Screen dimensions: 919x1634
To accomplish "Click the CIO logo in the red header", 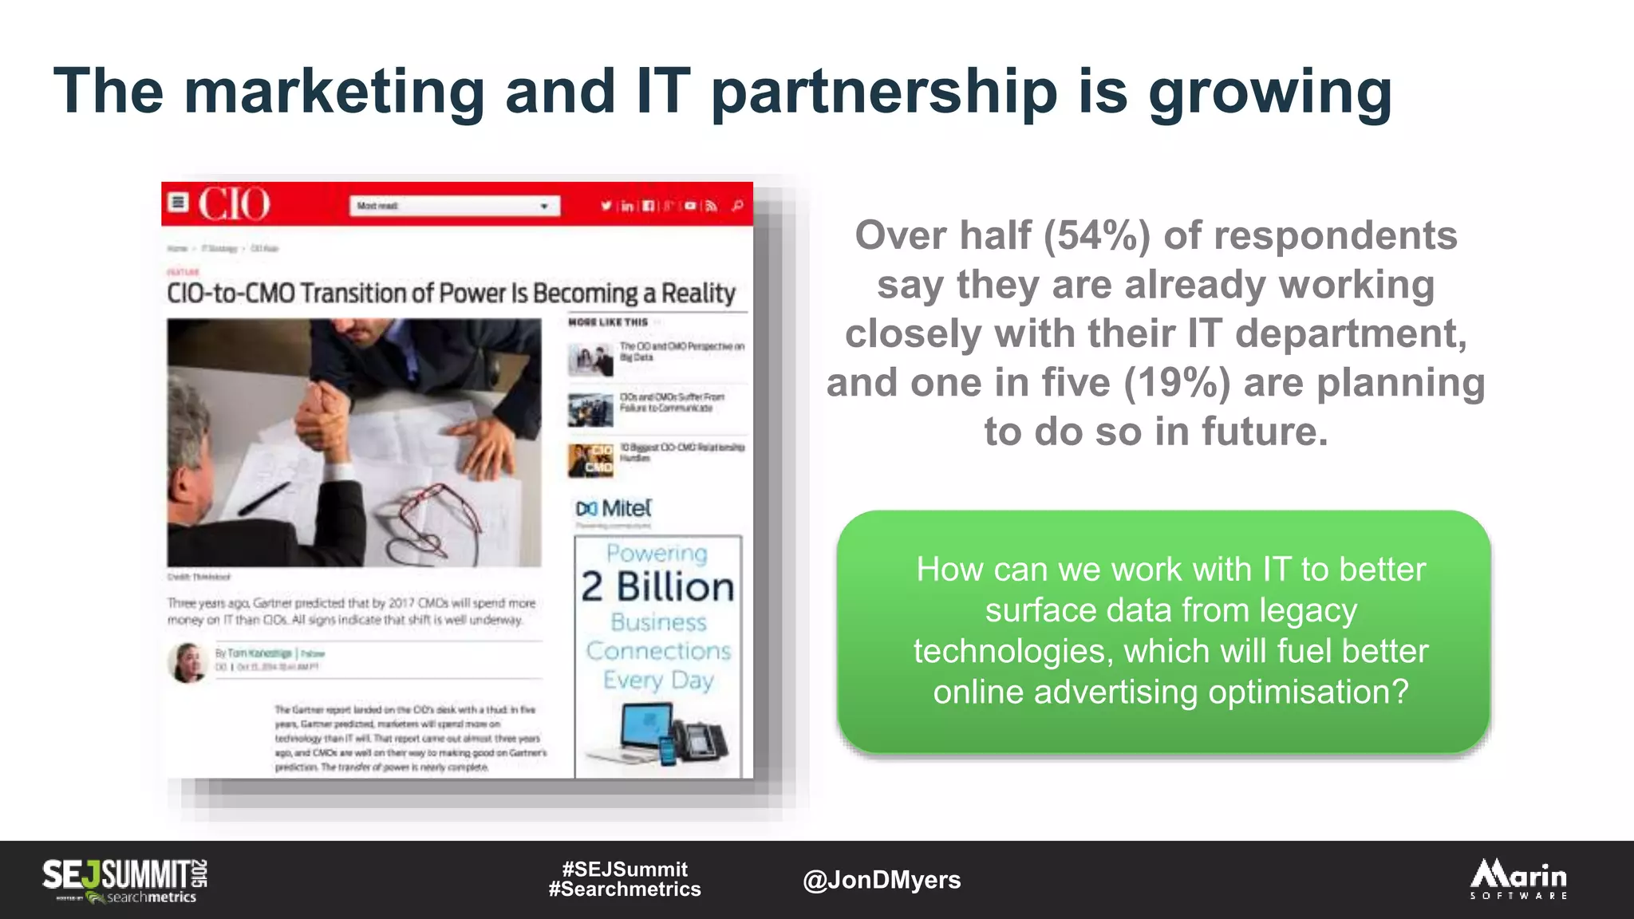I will (x=234, y=204).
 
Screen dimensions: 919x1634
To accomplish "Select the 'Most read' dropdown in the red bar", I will (x=454, y=206).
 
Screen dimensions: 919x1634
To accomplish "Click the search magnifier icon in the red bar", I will (x=737, y=206).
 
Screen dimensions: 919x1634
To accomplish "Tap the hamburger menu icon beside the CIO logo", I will (x=179, y=203).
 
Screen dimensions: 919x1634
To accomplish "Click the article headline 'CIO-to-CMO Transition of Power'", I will (x=451, y=294).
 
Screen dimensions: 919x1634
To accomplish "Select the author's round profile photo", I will (x=188, y=662).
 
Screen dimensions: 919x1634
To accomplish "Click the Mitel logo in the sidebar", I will (x=614, y=509).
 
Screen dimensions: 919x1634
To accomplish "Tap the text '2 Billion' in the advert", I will (x=657, y=587).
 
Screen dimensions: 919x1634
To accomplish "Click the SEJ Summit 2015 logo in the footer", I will (x=125, y=880).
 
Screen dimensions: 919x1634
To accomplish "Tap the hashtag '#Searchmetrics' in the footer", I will (x=625, y=889).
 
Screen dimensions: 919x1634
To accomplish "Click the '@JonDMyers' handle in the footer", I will (x=882, y=880).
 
